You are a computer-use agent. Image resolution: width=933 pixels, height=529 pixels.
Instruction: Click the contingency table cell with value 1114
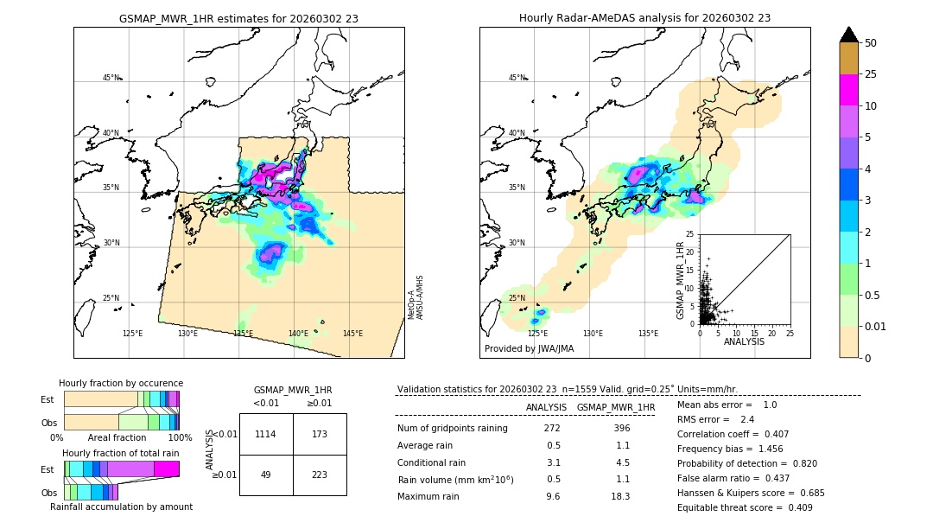click(266, 434)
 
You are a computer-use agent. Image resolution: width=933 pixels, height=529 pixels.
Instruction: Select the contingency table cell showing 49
click(266, 475)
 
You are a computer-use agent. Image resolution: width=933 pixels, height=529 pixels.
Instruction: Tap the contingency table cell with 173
click(320, 434)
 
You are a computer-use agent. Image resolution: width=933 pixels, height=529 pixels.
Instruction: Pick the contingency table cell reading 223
click(320, 475)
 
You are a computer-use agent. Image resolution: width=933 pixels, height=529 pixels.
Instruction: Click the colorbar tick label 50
click(872, 43)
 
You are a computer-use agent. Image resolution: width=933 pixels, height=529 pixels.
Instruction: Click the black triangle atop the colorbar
click(849, 35)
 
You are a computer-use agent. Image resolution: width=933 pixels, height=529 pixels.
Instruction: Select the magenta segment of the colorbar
click(849, 90)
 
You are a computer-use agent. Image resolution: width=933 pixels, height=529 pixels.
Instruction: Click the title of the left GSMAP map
click(238, 18)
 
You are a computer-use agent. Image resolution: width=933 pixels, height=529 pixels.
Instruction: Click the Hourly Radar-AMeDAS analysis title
click(644, 18)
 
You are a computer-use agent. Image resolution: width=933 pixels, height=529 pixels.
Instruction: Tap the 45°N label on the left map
click(111, 78)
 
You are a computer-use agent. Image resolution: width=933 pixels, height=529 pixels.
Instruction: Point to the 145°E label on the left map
click(352, 334)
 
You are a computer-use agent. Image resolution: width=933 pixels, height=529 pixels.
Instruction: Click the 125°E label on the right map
click(537, 334)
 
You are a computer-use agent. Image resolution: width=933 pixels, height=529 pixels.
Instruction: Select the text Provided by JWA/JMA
click(529, 348)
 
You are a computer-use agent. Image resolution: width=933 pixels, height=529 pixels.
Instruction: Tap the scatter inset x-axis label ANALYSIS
click(744, 341)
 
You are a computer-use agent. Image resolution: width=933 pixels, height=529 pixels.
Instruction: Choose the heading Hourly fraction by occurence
click(121, 383)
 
